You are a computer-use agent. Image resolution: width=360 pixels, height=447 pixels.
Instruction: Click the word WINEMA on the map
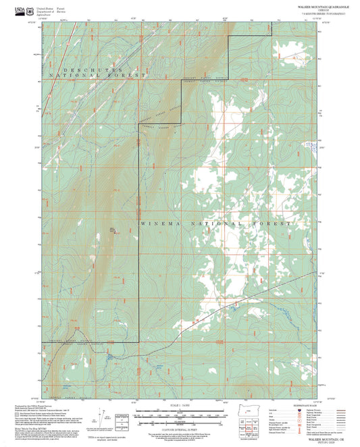pyautogui.click(x=157, y=223)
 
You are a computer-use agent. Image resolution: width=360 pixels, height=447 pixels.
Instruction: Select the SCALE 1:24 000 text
pyautogui.click(x=180, y=404)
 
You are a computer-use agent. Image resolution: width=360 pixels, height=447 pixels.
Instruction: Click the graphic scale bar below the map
pyautogui.click(x=180, y=413)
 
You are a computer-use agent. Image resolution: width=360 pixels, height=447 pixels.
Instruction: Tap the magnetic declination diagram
pyautogui.click(x=107, y=415)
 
